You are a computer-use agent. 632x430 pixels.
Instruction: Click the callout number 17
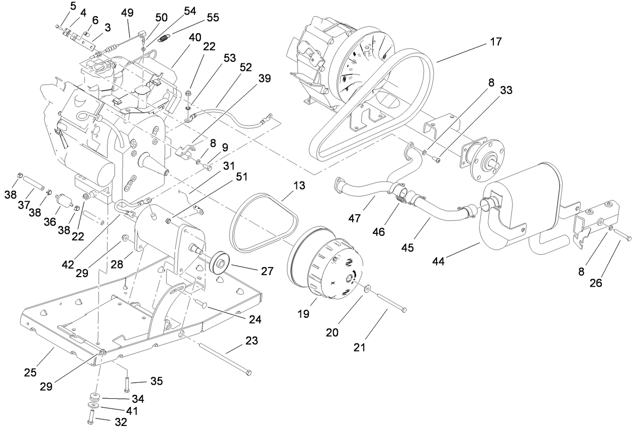pos(496,42)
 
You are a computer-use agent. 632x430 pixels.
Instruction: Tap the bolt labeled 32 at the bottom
pos(90,417)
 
